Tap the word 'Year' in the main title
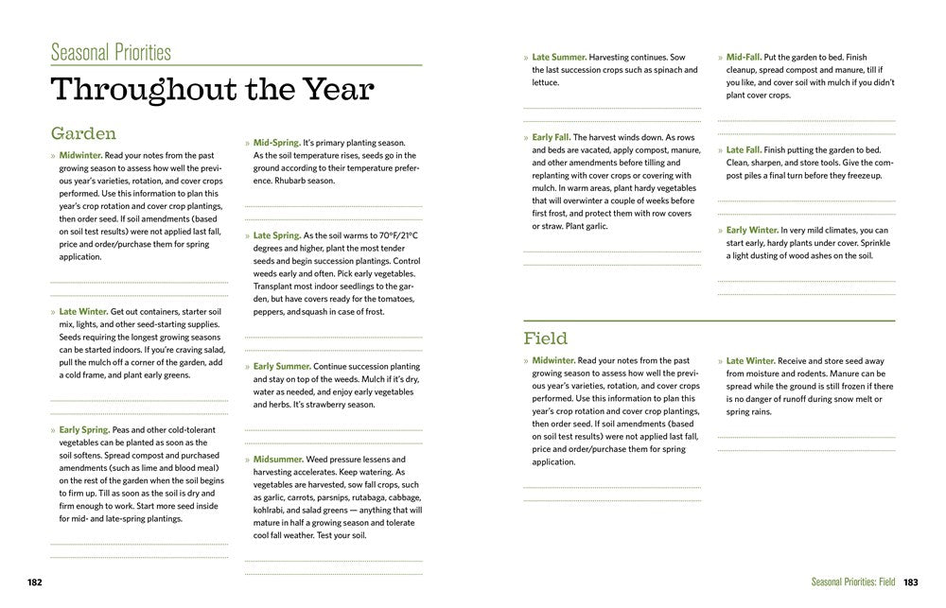pyautogui.click(x=326, y=90)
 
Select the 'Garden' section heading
pyautogui.click(x=83, y=133)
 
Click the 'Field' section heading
pyautogui.click(x=545, y=338)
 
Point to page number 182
pyautogui.click(x=35, y=582)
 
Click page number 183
pyautogui.click(x=911, y=582)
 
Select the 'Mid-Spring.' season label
pyautogui.click(x=276, y=143)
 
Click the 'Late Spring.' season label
pyautogui.click(x=276, y=235)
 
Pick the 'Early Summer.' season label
pyautogui.click(x=281, y=366)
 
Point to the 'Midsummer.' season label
pyautogui.click(x=278, y=459)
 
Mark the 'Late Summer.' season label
pyautogui.click(x=559, y=57)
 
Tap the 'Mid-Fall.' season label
pyautogui.click(x=744, y=57)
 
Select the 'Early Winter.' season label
pyautogui.click(x=751, y=230)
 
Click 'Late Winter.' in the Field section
pyautogui.click(x=750, y=360)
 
